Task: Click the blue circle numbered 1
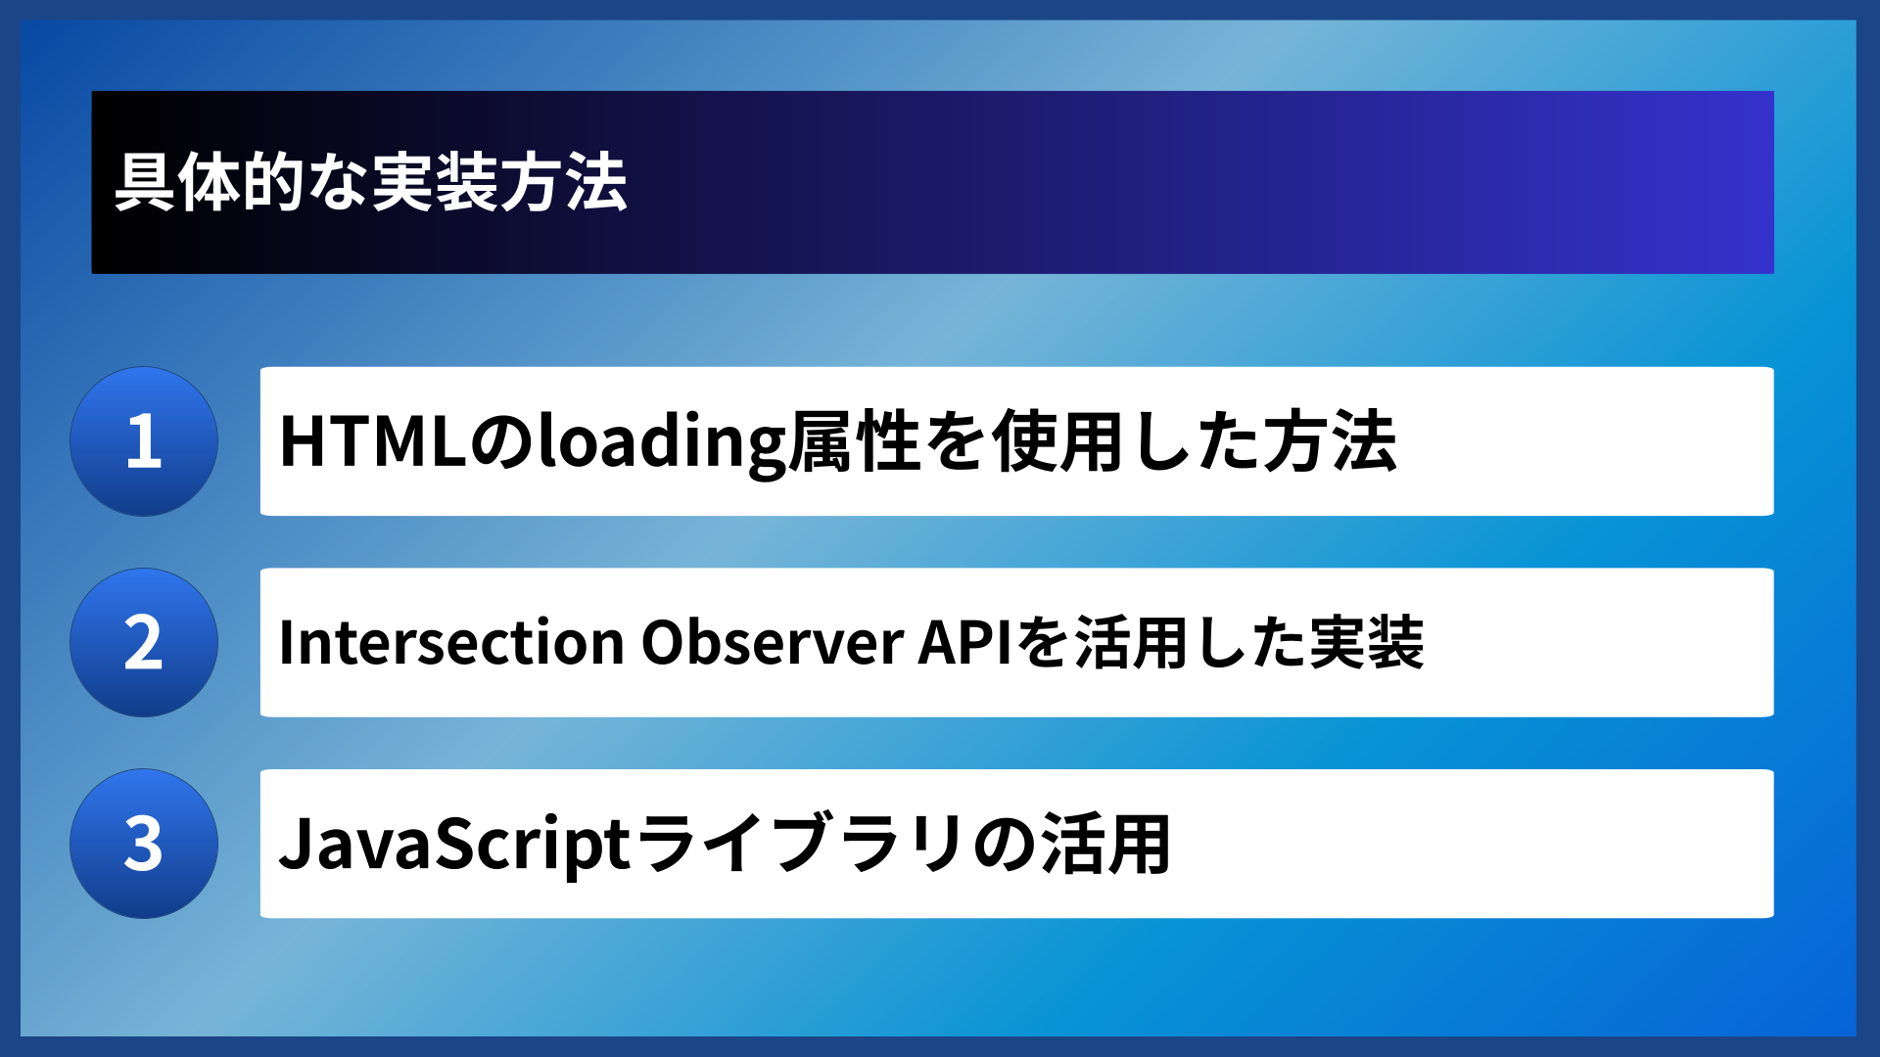[x=144, y=441]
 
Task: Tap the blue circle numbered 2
[x=144, y=643]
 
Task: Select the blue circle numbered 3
[x=144, y=844]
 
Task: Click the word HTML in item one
[x=372, y=442]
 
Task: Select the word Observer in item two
[x=772, y=643]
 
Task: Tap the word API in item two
[x=965, y=643]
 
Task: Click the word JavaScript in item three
[x=454, y=844]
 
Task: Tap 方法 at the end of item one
[x=1330, y=442]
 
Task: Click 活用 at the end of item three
[x=1106, y=844]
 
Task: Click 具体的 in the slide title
[x=211, y=182]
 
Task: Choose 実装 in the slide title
[x=435, y=182]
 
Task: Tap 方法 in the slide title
[x=564, y=182]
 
